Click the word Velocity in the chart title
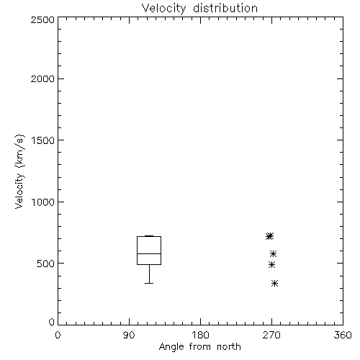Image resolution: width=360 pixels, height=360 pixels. pyautogui.click(x=164, y=9)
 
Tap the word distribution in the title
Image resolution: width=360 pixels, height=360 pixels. pyautogui.click(x=225, y=8)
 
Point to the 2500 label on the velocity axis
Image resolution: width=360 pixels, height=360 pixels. pyautogui.click(x=42, y=19)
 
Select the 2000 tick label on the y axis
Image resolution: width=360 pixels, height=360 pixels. pyautogui.click(x=42, y=78)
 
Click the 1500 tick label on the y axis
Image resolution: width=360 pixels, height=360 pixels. pyautogui.click(x=43, y=140)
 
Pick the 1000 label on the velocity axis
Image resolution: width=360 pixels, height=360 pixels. pyautogui.click(x=43, y=202)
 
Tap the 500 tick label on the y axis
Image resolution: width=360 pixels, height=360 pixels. pyautogui.click(x=46, y=264)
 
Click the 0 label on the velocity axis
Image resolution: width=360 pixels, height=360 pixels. pyautogui.click(x=52, y=322)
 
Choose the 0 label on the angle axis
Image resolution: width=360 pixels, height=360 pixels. pyautogui.click(x=58, y=335)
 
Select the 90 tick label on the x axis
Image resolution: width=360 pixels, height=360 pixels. pyautogui.click(x=129, y=335)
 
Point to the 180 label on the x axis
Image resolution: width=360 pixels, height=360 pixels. pyautogui.click(x=200, y=335)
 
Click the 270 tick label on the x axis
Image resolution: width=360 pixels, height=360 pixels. pyautogui.click(x=271, y=335)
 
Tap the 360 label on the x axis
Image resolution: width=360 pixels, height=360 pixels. pyautogui.click(x=343, y=335)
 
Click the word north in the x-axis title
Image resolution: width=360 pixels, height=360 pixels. pyautogui.click(x=229, y=347)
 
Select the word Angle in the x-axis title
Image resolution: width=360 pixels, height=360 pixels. pyautogui.click(x=171, y=347)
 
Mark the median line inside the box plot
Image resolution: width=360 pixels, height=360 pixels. pyautogui.click(x=149, y=253)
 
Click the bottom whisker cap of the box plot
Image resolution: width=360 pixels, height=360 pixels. pyautogui.click(x=149, y=283)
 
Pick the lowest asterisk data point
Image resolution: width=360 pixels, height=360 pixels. pyautogui.click(x=275, y=284)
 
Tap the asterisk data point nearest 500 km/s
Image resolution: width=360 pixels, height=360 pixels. pyautogui.click(x=271, y=265)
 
